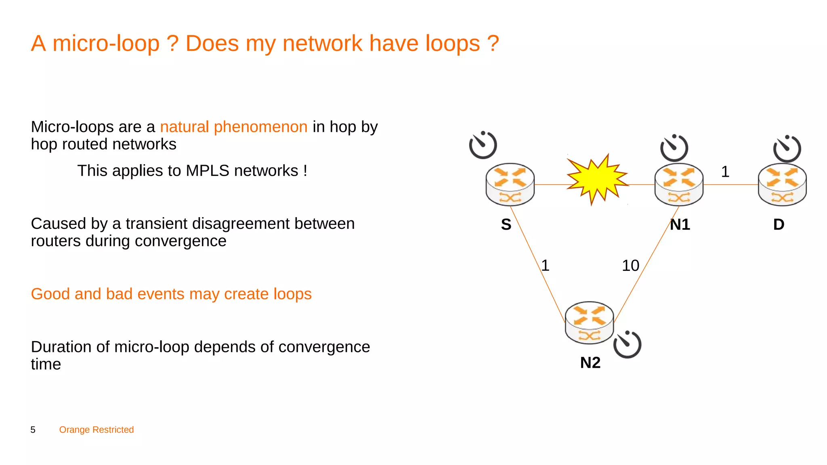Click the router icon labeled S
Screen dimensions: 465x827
click(510, 184)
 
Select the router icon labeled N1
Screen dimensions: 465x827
click(679, 184)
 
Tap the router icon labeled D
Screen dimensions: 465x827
click(782, 184)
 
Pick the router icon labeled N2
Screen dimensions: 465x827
click(589, 323)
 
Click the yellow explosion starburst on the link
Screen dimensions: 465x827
click(597, 179)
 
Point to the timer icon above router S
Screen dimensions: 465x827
click(483, 145)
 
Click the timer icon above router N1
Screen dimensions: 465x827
click(674, 148)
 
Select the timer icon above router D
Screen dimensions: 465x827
click(787, 149)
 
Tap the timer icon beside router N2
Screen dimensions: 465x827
click(627, 344)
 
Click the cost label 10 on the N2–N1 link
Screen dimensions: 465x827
click(630, 266)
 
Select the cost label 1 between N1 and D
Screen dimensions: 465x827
click(725, 172)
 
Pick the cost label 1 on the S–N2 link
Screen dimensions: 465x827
click(545, 266)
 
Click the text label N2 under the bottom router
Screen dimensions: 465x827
click(590, 362)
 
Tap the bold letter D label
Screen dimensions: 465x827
click(779, 224)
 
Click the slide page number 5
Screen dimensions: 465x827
click(33, 430)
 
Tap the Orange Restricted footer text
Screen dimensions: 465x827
click(97, 430)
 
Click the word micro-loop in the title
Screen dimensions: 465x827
click(106, 44)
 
